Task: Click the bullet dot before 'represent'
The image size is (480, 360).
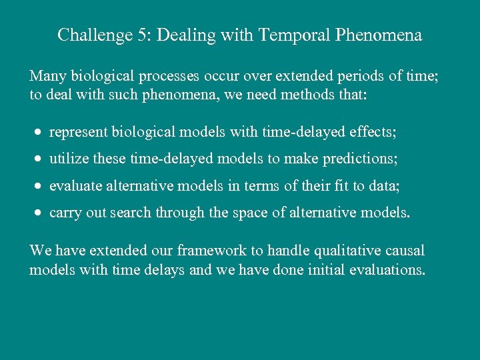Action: pyautogui.click(x=39, y=133)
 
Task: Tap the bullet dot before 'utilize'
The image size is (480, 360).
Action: pyautogui.click(x=39, y=159)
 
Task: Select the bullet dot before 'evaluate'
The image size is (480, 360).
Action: pyautogui.click(x=39, y=186)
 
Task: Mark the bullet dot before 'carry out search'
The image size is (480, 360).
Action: pyautogui.click(x=39, y=213)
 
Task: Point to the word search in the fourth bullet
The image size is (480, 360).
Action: pyautogui.click(x=132, y=213)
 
